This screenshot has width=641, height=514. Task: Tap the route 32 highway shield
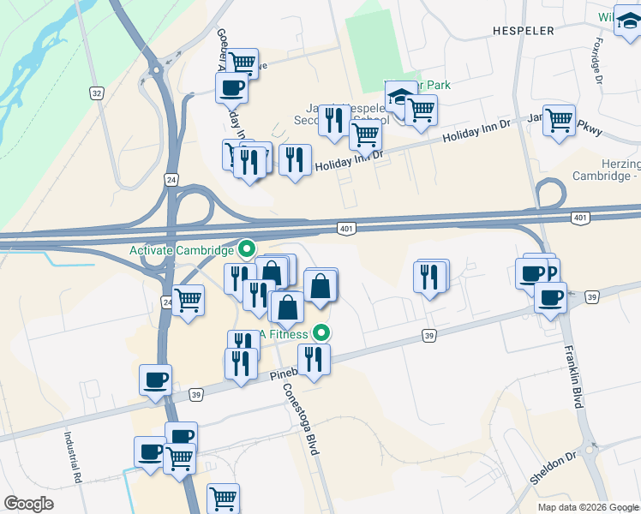[x=97, y=91]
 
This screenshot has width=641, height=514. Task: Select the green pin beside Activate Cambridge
[x=247, y=250]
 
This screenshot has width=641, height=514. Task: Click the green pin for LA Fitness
[x=322, y=332]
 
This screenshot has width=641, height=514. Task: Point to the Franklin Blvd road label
[x=573, y=377]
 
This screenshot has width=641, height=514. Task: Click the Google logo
[x=29, y=504]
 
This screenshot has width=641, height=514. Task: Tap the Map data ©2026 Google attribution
[x=587, y=507]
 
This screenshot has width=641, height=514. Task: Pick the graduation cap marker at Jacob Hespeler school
[x=398, y=99]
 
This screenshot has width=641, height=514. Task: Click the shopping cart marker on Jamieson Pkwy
[x=559, y=121]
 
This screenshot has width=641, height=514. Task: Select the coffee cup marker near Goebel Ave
[x=232, y=87]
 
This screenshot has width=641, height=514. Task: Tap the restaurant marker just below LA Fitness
[x=314, y=360]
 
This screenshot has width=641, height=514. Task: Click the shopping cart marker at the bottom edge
[x=223, y=497]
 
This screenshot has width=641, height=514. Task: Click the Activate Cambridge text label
[x=181, y=250]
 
